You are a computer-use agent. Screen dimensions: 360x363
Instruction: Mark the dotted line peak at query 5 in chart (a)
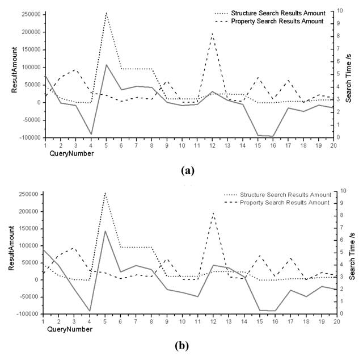[x=106, y=13]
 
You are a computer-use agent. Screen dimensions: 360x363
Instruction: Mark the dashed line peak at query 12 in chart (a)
[x=212, y=34]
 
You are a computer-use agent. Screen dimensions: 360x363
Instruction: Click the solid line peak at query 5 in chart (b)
[x=105, y=231]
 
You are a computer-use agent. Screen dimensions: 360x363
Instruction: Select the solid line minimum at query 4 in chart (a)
[x=91, y=135]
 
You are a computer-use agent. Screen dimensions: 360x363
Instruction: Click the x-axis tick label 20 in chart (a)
[x=334, y=145]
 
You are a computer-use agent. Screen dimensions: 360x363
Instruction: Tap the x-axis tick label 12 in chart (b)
[x=212, y=321]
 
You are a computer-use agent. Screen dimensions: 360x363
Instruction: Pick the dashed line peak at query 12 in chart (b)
[x=212, y=213]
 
